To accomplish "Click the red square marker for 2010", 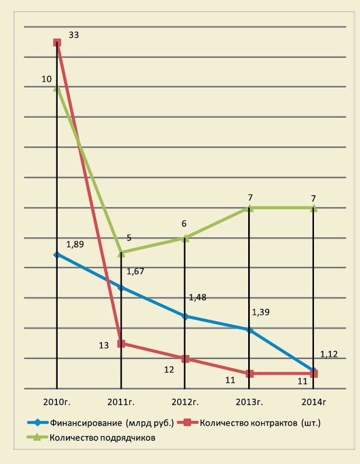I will pos(57,43).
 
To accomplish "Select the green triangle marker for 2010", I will pos(57,87).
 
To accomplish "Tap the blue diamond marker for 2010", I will pos(57,255).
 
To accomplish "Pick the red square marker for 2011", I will pos(121,343).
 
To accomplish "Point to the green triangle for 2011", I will pos(121,252).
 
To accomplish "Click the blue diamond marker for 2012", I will pos(185,317).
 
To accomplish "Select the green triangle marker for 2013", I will pos(249,208).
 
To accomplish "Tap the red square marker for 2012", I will pos(185,358).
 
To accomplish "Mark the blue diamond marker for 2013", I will pos(249,330).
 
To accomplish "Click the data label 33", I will pos(73,35).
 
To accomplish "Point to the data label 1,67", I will pos(135,271).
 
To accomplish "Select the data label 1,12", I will pos(329,354).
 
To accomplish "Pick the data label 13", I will pos(104,345).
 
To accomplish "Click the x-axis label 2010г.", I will pos(57,402).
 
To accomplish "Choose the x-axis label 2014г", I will pos(313,402).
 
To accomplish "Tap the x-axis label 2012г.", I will pos(185,402).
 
